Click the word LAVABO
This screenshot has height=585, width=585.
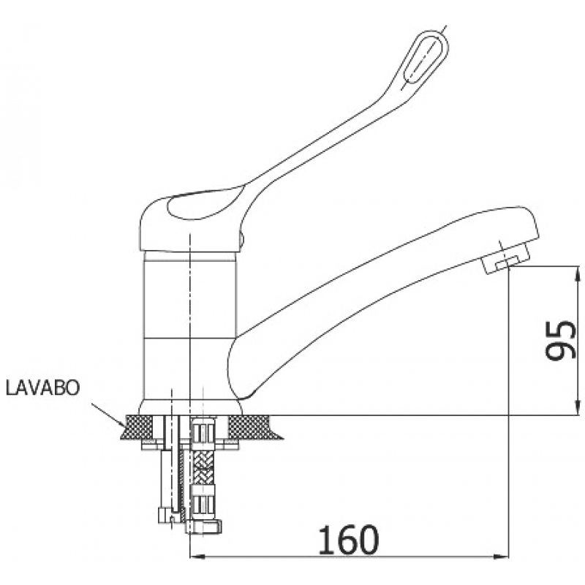tap(42, 388)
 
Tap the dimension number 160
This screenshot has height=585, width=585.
tap(349, 540)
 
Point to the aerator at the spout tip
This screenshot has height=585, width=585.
tap(506, 258)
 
